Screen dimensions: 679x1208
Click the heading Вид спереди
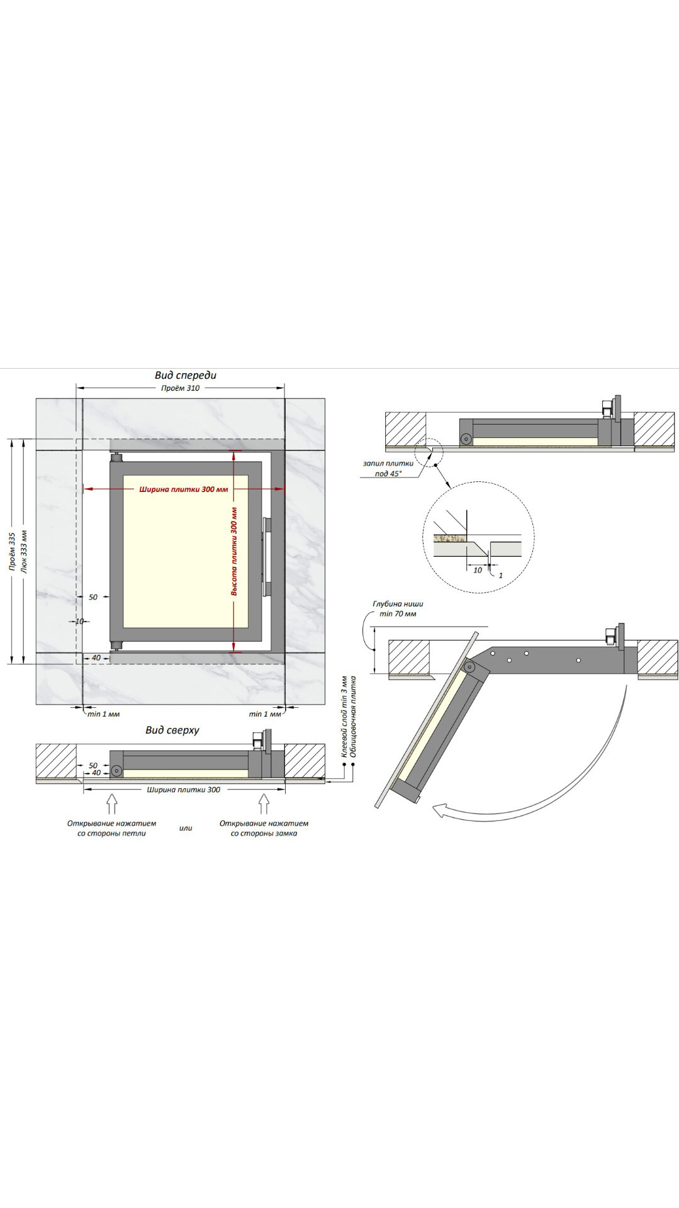(x=186, y=376)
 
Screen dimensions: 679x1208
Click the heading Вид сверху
(x=172, y=730)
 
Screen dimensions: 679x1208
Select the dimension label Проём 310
(x=181, y=388)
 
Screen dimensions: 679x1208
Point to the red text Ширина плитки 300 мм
(x=184, y=489)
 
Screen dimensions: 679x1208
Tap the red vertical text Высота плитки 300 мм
(x=234, y=552)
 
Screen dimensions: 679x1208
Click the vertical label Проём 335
(x=12, y=552)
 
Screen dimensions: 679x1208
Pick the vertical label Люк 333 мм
(x=25, y=552)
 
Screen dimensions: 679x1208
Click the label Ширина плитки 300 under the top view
(x=184, y=790)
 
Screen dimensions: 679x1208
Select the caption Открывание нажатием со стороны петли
(x=112, y=828)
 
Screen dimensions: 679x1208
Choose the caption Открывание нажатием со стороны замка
(x=264, y=828)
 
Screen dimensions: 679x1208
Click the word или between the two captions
(x=186, y=828)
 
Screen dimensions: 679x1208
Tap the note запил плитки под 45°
(x=388, y=468)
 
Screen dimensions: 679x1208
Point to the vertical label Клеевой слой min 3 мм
(x=344, y=717)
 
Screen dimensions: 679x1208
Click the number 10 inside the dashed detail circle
(x=478, y=570)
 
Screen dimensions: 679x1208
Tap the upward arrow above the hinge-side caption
(x=112, y=803)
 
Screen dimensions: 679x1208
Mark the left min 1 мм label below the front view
(x=103, y=714)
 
